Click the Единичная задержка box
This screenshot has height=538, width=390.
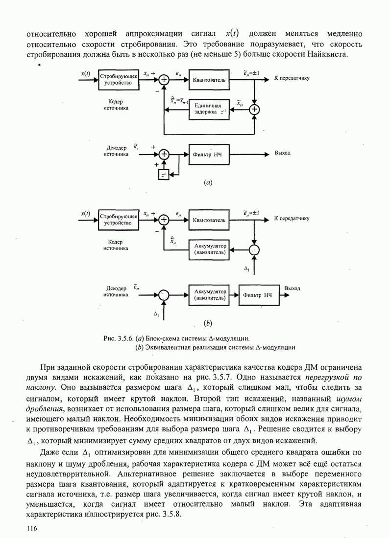209,109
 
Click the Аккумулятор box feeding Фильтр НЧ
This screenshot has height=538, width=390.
209,294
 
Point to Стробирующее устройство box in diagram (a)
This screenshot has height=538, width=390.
118,80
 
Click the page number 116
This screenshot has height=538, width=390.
32,528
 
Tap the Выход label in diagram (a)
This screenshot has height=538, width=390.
283,153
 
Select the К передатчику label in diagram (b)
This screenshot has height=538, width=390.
292,218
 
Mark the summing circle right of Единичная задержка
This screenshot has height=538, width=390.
255,109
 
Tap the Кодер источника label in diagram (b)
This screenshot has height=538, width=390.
116,245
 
